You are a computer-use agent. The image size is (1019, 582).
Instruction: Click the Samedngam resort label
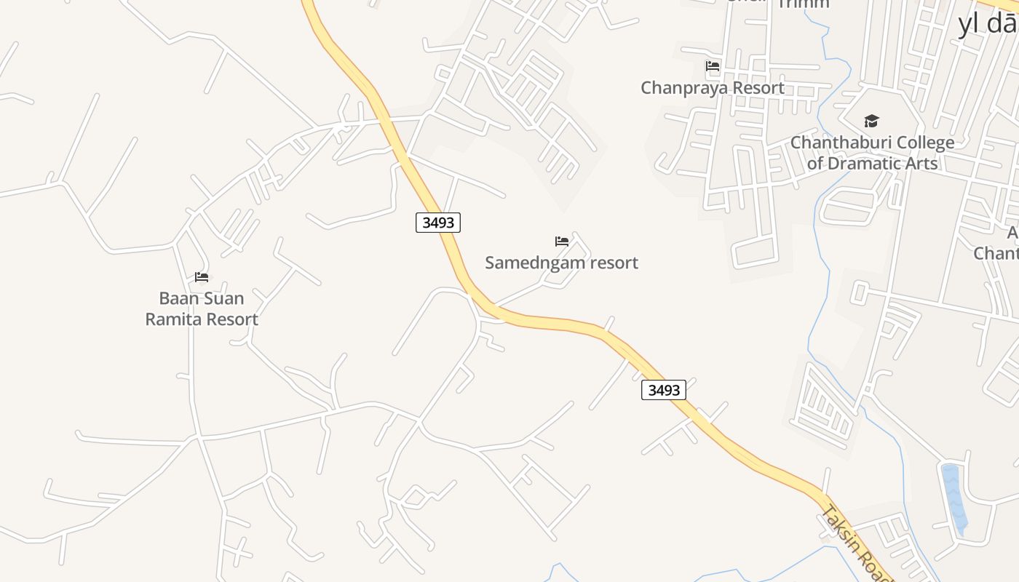[561, 263]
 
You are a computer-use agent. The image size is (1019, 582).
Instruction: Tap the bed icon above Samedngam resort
[562, 242]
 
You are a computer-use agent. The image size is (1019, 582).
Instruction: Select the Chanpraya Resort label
[712, 88]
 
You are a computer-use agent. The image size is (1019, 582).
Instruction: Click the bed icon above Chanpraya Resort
[713, 66]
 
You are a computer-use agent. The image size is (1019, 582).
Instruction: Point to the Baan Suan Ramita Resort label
[202, 308]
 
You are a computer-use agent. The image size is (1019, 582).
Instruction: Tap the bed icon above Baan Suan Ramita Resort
[202, 277]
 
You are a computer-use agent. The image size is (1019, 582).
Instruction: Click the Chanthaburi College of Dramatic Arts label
[872, 153]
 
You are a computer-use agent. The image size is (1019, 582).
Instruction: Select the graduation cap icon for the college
[871, 121]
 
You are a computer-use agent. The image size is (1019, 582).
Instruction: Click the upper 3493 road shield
[438, 223]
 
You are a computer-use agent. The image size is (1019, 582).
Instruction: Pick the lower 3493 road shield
[664, 390]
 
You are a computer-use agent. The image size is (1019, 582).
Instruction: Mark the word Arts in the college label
[922, 163]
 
